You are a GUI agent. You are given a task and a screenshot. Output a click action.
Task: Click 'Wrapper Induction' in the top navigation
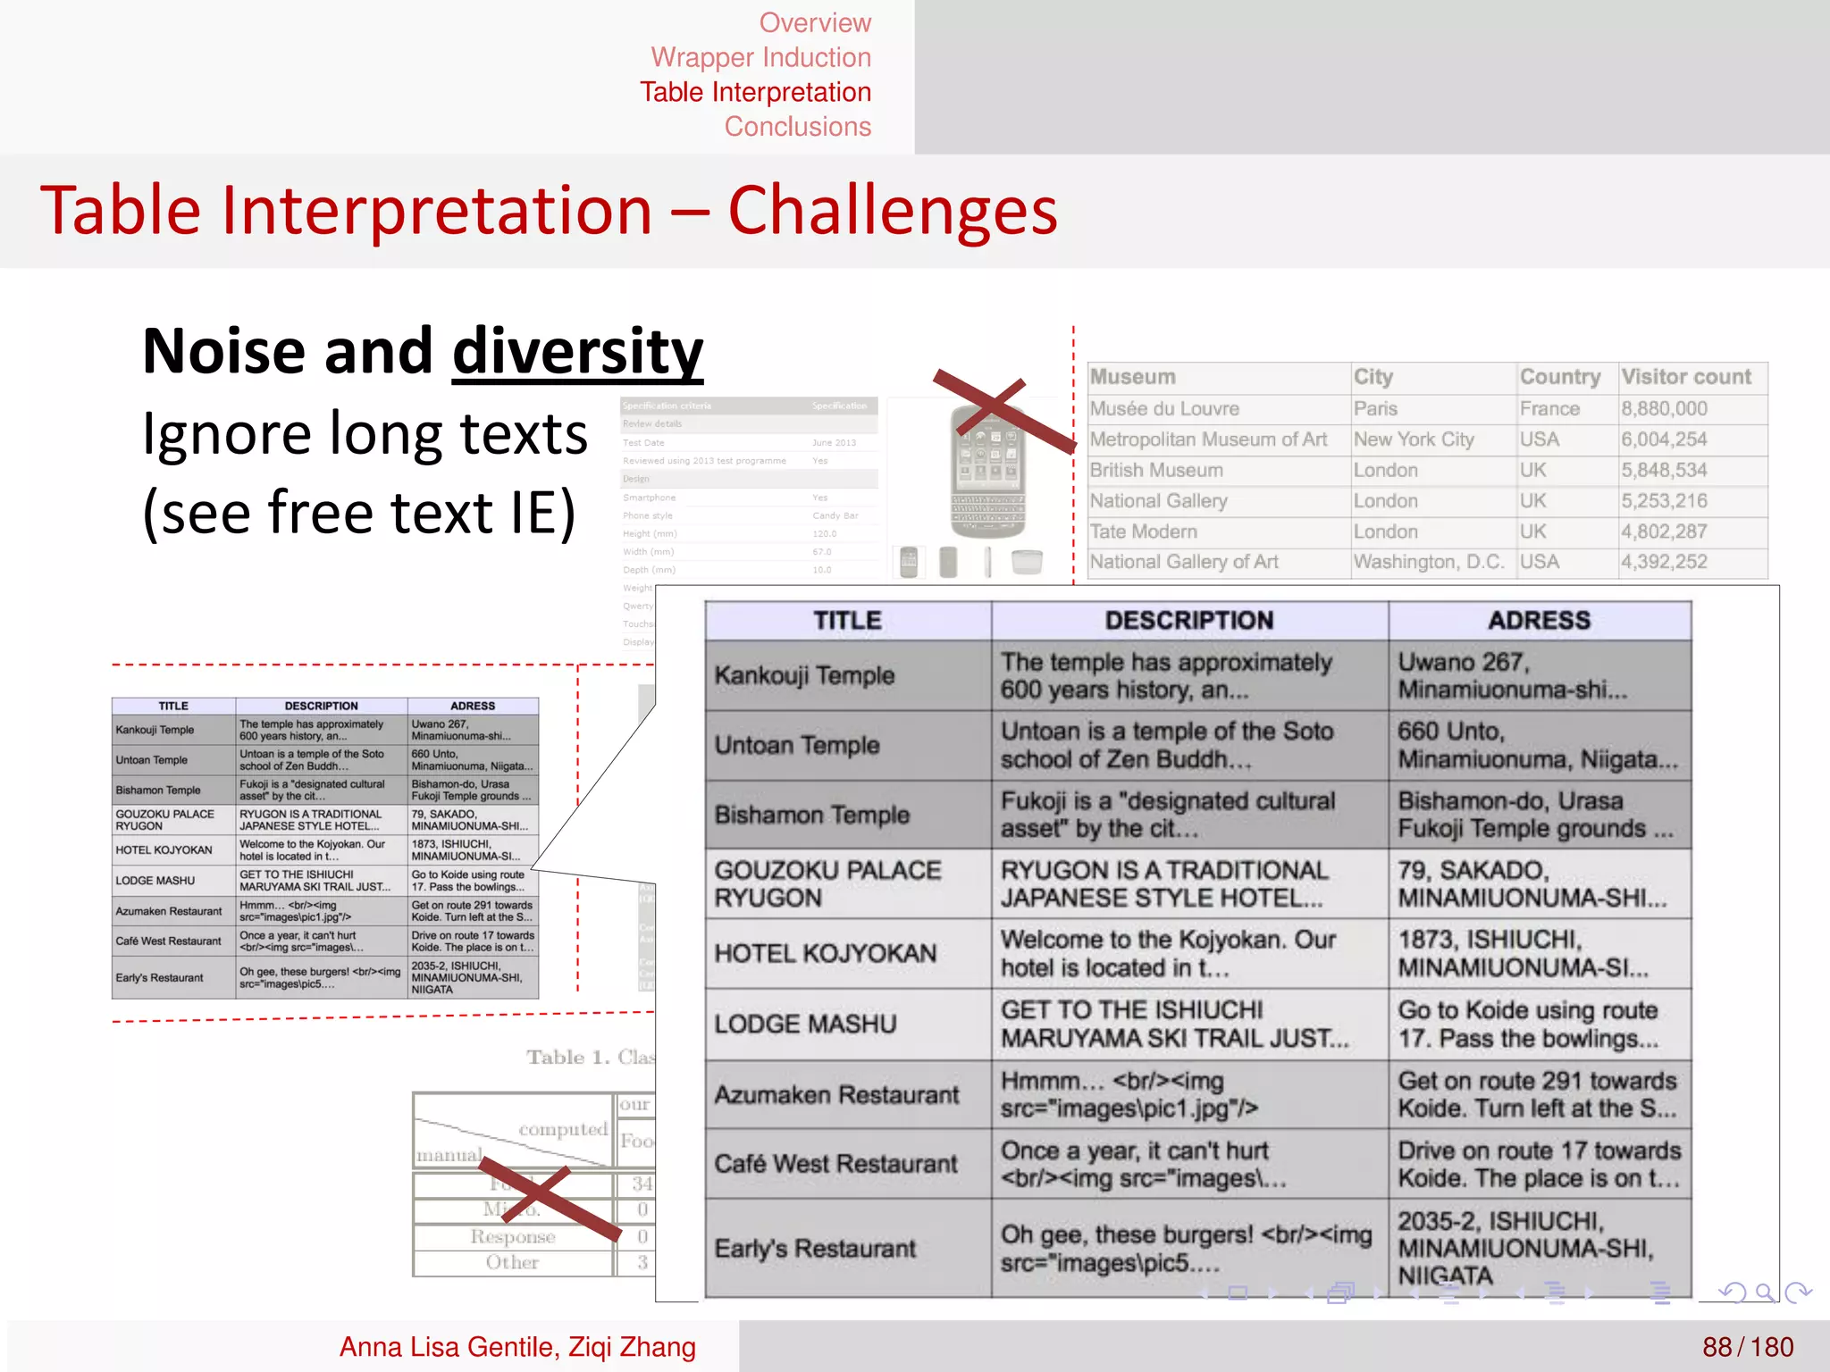coord(760,57)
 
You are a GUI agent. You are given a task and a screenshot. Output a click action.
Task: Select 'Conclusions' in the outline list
coord(797,127)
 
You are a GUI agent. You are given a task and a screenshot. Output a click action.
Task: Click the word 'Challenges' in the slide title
coord(892,211)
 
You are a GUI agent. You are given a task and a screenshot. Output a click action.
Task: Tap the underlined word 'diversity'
coord(577,352)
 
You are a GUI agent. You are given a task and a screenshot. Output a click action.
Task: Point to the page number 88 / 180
coord(1747,1347)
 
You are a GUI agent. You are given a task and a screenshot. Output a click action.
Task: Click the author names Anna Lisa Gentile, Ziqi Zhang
coord(517,1347)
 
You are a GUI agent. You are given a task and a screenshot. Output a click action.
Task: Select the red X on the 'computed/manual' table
coord(550,1199)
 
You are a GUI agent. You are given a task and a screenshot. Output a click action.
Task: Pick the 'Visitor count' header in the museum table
coord(1686,377)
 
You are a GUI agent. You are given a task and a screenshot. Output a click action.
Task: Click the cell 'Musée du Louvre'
coord(1164,409)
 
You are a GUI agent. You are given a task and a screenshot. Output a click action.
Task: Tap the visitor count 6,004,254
coord(1664,439)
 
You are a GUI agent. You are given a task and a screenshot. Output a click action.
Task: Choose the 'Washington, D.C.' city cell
coord(1429,562)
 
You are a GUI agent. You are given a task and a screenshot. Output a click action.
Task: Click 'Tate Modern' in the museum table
coord(1143,531)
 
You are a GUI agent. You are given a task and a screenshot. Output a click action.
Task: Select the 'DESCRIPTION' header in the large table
coord(1188,621)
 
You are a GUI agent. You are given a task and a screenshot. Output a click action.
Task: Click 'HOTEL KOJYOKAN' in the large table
coord(825,953)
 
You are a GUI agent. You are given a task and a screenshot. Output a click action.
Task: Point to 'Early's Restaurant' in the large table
coord(815,1248)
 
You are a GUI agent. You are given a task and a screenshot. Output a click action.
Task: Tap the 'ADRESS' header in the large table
coord(1539,621)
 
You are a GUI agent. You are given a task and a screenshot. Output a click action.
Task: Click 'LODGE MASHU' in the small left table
coord(155,881)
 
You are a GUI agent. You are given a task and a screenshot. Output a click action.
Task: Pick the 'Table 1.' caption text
coord(556,1058)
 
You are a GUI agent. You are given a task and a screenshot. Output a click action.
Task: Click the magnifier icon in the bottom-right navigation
coord(1764,1292)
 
